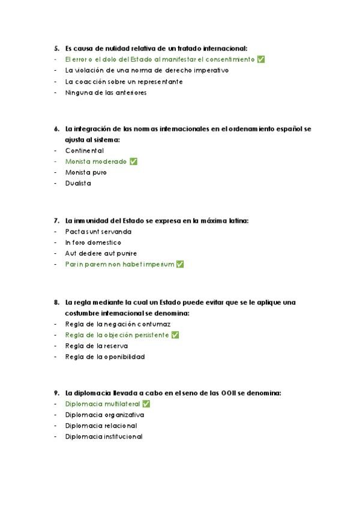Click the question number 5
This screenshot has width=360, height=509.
(x=56, y=49)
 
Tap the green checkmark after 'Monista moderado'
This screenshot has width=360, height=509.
(x=133, y=161)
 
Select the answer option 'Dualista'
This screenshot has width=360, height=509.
(x=78, y=183)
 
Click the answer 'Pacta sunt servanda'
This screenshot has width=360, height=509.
(x=98, y=232)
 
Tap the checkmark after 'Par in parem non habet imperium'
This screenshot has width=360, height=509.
(x=180, y=264)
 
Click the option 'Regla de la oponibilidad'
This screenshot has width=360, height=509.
(x=105, y=357)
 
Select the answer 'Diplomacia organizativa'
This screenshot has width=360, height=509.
(x=105, y=415)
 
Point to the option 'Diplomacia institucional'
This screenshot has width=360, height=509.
(x=104, y=436)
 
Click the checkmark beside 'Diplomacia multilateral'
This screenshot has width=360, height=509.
(x=146, y=404)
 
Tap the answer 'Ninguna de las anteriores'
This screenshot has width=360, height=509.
(x=106, y=92)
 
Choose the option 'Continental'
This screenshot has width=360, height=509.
(x=85, y=151)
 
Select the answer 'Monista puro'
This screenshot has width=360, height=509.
(x=86, y=172)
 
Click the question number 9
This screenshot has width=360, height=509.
(x=56, y=393)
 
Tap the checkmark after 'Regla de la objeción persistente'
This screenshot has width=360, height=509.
(x=175, y=335)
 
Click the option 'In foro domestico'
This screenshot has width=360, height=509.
(x=93, y=242)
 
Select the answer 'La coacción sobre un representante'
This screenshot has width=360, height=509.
(x=124, y=82)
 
